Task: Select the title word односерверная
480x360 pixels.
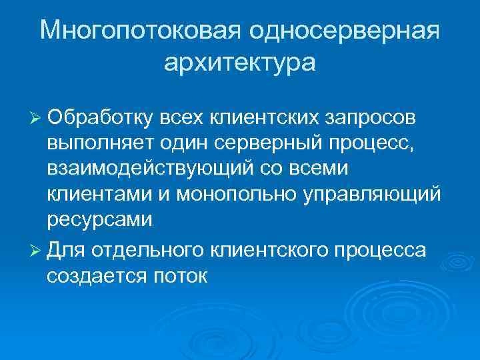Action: pos(345,31)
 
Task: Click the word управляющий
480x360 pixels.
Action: pos(371,193)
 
